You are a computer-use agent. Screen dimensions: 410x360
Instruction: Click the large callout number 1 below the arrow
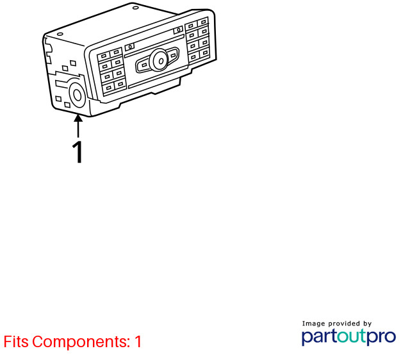click(x=78, y=152)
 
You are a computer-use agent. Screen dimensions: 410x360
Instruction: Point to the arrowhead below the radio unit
click(x=78, y=118)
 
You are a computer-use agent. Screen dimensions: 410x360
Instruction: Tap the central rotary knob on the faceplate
click(x=159, y=60)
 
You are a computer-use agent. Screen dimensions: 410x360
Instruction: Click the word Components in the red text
click(x=81, y=341)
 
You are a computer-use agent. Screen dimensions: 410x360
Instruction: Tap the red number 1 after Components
click(x=138, y=341)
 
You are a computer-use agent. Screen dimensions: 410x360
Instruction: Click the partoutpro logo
click(x=348, y=337)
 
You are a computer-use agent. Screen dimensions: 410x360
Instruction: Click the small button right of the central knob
click(x=173, y=56)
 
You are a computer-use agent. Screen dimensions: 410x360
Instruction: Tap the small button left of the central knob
click(x=144, y=65)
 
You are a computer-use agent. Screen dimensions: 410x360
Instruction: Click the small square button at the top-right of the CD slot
click(x=178, y=30)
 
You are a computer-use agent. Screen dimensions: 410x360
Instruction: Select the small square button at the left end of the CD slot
click(x=129, y=47)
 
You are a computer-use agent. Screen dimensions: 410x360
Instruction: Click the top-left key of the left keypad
click(x=104, y=56)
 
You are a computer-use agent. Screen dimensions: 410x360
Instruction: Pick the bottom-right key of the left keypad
click(x=120, y=84)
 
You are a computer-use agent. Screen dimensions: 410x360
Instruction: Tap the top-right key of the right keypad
click(x=203, y=22)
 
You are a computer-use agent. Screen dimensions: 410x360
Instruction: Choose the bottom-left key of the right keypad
click(x=193, y=57)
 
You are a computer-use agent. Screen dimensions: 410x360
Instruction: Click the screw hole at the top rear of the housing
click(x=135, y=8)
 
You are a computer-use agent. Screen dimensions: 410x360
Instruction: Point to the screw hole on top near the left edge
click(x=60, y=34)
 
